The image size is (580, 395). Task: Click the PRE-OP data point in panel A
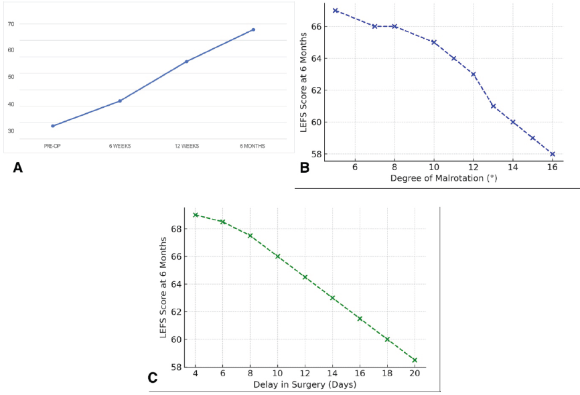pos(53,126)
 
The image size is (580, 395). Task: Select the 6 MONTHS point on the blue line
pos(253,29)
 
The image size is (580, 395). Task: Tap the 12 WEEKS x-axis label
pos(186,146)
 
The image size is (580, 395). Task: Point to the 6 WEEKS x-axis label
pos(119,146)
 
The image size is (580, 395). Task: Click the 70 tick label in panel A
pos(11,24)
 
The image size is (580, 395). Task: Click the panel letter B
pos(304,168)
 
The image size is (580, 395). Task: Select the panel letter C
pos(153,378)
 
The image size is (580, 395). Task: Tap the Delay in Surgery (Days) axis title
pos(305,384)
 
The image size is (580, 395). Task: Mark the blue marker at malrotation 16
pos(553,154)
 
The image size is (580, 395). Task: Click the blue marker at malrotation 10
pos(434,42)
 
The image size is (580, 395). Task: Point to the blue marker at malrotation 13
pos(493,106)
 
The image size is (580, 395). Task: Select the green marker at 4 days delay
pos(196,215)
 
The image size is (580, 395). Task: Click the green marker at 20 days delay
pos(415,360)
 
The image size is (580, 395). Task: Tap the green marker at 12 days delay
pos(305,277)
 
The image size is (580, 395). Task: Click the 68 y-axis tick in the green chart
pos(176,229)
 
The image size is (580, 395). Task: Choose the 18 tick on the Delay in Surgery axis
pos(387,373)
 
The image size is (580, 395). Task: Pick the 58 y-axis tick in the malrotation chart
pos(316,154)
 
